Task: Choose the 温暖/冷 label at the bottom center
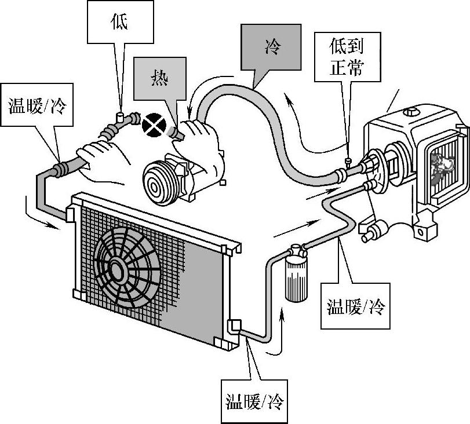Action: (254, 400)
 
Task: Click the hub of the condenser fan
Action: (116, 268)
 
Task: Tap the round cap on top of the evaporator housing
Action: (412, 112)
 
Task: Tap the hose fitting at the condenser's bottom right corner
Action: (235, 327)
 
